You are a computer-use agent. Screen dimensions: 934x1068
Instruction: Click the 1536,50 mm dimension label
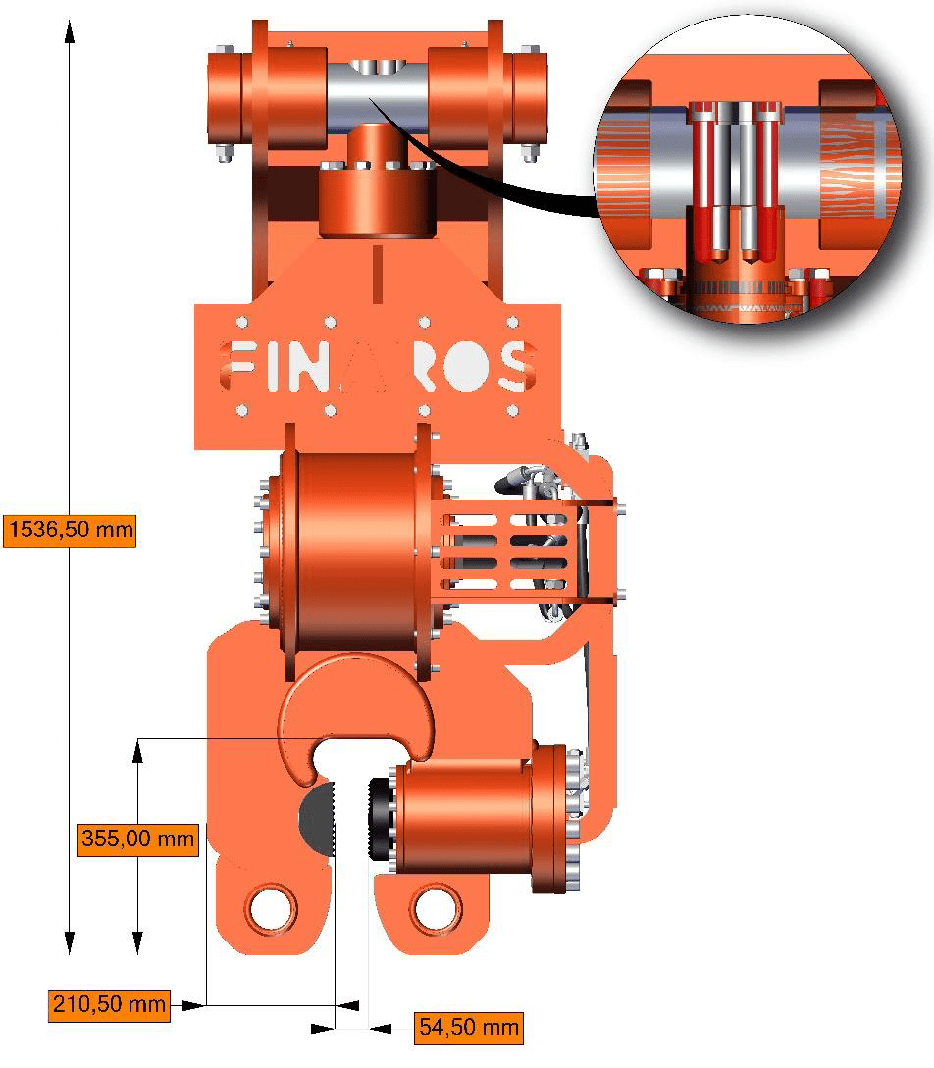70,530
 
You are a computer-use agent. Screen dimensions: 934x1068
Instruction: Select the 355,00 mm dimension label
137,839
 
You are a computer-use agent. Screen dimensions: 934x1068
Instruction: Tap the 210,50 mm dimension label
109,1004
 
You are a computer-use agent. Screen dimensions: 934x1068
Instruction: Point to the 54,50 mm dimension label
469,1028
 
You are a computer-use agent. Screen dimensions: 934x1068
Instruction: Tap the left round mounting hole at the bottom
273,908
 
